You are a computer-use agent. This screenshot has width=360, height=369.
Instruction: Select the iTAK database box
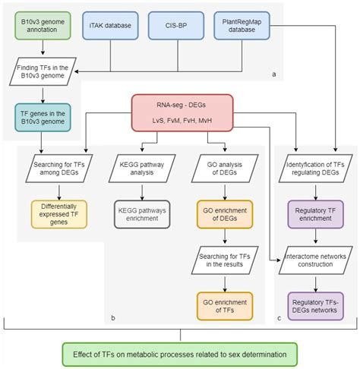112,26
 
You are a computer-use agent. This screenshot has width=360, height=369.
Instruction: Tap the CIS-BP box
175,26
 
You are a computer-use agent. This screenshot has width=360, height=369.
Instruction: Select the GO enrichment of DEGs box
223,213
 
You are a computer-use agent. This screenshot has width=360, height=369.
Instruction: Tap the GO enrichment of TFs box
223,304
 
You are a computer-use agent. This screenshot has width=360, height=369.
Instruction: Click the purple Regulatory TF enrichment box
314,213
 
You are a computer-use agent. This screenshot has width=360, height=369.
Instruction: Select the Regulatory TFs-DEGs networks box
314,304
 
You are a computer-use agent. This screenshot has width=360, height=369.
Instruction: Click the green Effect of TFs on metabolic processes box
180,354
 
